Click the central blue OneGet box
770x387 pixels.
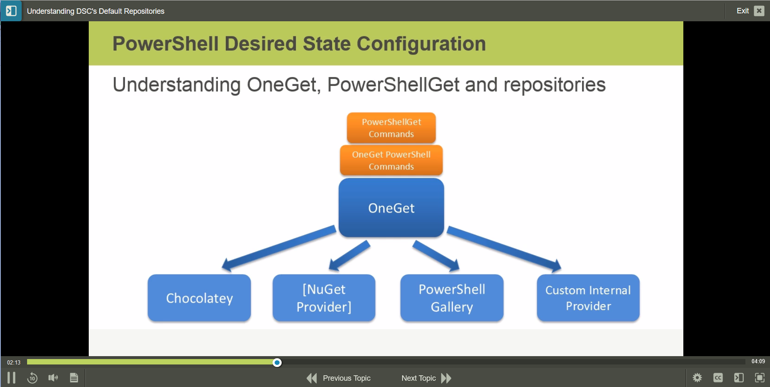[x=391, y=208]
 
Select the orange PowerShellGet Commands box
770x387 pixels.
[x=391, y=128]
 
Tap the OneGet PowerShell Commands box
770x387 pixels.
[x=391, y=161]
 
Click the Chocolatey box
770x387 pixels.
[x=199, y=298]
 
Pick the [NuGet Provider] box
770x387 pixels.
[x=324, y=298]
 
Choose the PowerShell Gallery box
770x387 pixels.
[x=452, y=298]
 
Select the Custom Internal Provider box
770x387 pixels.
[x=588, y=298]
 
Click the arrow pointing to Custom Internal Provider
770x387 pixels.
[x=504, y=248]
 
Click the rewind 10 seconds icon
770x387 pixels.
[x=32, y=378]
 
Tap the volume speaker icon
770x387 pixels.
[x=53, y=378]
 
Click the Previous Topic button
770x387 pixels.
[x=338, y=378]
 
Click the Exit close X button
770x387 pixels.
[x=759, y=11]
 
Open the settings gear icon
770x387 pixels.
[x=697, y=378]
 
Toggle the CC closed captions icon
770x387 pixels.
[x=718, y=378]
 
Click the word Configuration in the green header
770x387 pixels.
[x=421, y=44]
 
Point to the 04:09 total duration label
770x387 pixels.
[x=758, y=362]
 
